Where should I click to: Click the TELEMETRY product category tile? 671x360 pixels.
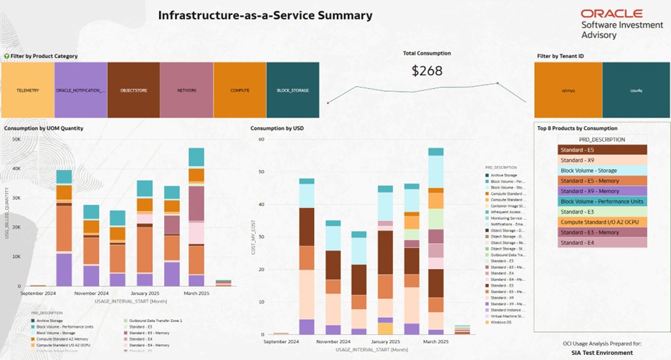coord(27,90)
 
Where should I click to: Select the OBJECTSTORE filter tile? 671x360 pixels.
coord(133,90)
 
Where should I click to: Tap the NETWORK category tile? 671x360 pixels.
coord(186,90)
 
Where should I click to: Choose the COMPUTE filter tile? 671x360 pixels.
coord(239,90)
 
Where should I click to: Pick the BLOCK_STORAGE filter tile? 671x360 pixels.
coord(292,90)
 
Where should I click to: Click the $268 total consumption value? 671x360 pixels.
coord(427,70)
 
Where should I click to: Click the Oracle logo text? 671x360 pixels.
coord(611,14)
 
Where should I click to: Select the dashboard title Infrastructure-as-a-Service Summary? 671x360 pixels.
coord(265,15)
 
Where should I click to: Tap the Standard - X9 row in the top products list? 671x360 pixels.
coord(602,160)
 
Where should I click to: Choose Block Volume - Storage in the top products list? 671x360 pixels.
coord(602,171)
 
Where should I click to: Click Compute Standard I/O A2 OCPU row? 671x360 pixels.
coord(602,222)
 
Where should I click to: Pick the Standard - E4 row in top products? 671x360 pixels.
coord(602,243)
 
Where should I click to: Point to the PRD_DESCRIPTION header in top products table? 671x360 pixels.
coord(601,139)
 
